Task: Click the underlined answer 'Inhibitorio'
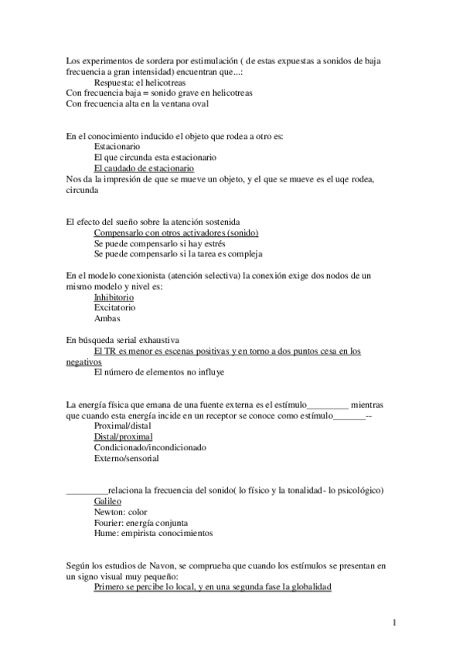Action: point(114,297)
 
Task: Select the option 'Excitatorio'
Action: point(114,307)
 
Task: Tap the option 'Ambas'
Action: point(107,318)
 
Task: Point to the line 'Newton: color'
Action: point(120,511)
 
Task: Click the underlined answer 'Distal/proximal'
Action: point(123,436)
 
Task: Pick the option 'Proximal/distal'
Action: point(123,426)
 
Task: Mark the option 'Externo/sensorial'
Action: point(126,458)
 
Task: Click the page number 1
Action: point(394,622)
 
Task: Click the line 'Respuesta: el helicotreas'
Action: point(139,82)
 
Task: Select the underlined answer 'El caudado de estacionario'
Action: point(143,168)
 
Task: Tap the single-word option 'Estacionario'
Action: point(117,146)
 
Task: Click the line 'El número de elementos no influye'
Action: point(158,372)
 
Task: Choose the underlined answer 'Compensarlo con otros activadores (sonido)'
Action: point(175,232)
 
